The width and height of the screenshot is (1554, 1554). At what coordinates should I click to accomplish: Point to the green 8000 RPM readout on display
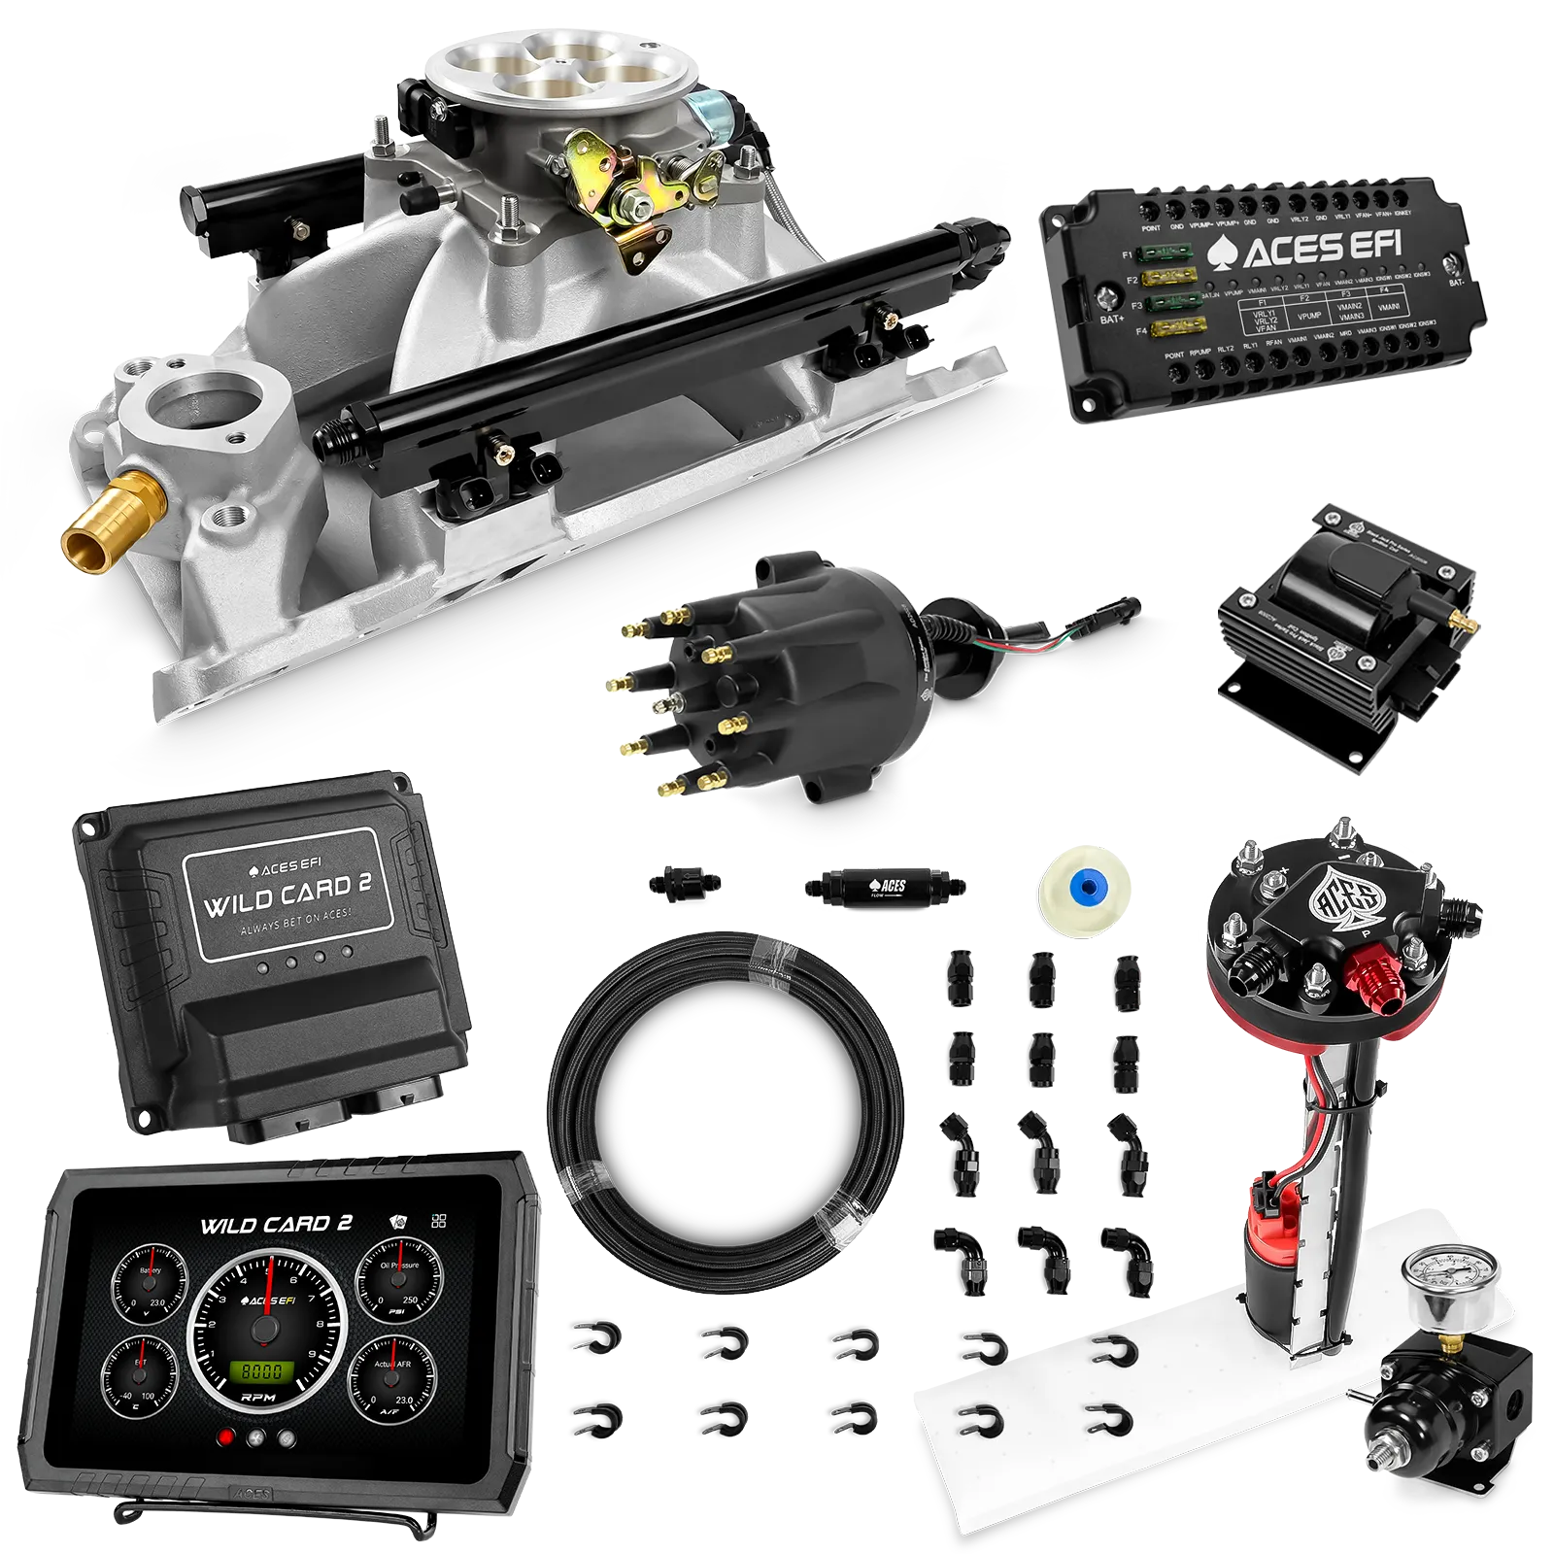point(262,1371)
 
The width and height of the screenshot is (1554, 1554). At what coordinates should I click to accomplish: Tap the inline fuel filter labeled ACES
point(884,886)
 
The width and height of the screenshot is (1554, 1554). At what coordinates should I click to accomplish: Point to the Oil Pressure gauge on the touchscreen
point(399,1282)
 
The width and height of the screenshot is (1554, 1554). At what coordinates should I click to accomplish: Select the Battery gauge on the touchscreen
point(150,1287)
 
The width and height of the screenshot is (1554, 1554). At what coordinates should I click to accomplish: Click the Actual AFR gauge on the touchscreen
point(392,1379)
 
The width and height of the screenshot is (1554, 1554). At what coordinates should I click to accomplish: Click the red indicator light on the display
point(227,1438)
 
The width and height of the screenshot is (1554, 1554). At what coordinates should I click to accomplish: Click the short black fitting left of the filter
point(685,881)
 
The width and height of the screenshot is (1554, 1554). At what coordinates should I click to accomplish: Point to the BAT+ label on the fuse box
point(1112,319)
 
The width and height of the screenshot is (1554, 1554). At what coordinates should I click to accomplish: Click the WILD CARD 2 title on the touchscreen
point(276,1225)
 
